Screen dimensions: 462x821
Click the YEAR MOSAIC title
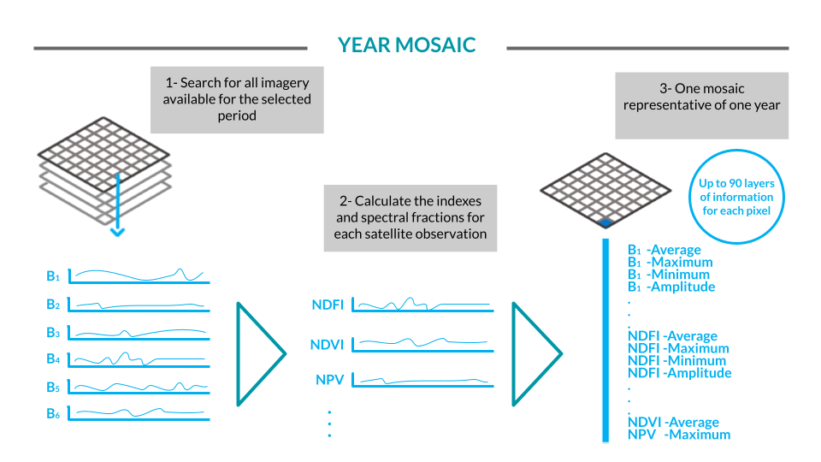tap(406, 45)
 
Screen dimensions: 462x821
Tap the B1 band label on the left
tap(53, 276)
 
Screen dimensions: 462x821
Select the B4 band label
tap(53, 358)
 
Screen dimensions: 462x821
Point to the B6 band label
tap(53, 413)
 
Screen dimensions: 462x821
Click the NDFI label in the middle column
tap(328, 304)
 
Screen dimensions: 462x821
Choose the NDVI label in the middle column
tap(328, 345)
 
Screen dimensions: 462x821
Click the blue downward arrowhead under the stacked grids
tap(118, 231)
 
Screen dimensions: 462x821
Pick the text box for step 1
tap(237, 99)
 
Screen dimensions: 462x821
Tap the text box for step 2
tap(410, 217)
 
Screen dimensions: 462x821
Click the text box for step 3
tap(701, 105)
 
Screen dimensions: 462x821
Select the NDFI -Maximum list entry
tap(678, 348)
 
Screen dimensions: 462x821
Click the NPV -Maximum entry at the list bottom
tap(679, 435)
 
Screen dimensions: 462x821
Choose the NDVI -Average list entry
tap(673, 422)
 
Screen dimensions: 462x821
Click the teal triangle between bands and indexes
tap(258, 352)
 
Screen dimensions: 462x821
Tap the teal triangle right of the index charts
tap(535, 352)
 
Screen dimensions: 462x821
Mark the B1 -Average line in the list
tap(664, 250)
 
